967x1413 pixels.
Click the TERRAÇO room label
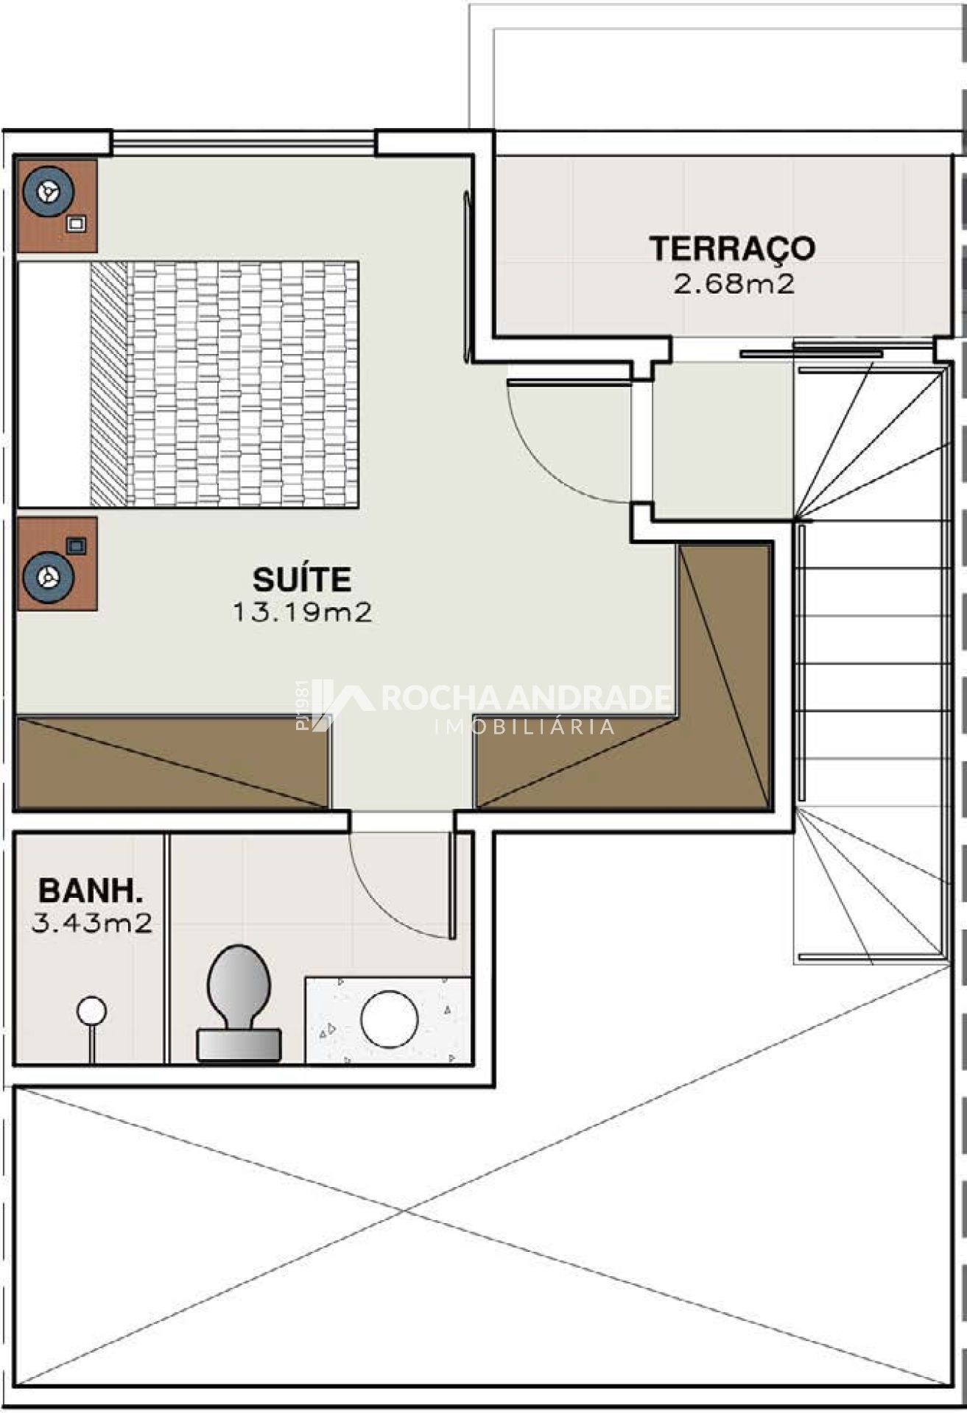pyautogui.click(x=732, y=248)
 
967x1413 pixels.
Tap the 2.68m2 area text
pyautogui.click(x=734, y=283)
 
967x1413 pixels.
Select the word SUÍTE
pyautogui.click(x=302, y=579)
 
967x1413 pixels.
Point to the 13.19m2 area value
pyautogui.click(x=302, y=612)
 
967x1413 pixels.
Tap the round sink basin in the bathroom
pyautogui.click(x=390, y=1020)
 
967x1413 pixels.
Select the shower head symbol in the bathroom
pyautogui.click(x=91, y=1011)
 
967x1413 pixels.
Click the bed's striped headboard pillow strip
pyautogui.click(x=109, y=383)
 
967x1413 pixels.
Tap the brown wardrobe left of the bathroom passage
pyautogui.click(x=172, y=762)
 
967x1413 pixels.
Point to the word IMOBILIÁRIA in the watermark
pyautogui.click(x=525, y=727)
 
